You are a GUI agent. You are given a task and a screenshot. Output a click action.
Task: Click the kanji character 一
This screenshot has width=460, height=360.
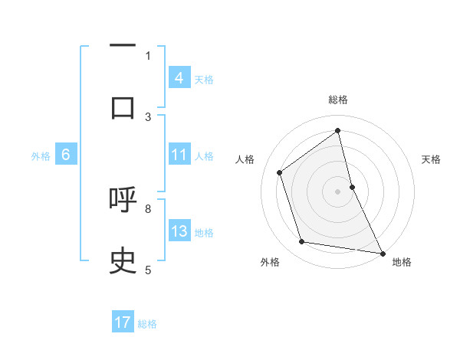pyautogui.click(x=123, y=47)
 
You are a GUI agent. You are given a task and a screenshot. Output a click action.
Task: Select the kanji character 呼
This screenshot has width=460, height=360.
pyautogui.click(x=123, y=200)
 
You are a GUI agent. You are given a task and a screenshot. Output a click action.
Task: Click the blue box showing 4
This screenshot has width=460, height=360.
pyautogui.click(x=179, y=78)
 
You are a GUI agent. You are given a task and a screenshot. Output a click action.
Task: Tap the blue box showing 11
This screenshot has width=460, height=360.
pyautogui.click(x=179, y=155)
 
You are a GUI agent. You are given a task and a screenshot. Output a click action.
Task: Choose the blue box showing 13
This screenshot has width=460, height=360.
pyautogui.click(x=179, y=231)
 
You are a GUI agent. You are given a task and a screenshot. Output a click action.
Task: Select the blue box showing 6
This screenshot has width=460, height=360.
pyautogui.click(x=66, y=155)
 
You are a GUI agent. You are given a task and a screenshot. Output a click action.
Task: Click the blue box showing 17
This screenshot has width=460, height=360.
pyautogui.click(x=123, y=322)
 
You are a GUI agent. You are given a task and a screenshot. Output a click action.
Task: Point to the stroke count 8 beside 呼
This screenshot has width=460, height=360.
pyautogui.click(x=148, y=208)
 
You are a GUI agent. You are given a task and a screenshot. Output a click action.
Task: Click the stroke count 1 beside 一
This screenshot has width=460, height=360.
pyautogui.click(x=148, y=55)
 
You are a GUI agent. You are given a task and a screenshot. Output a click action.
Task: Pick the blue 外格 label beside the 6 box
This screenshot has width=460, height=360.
pyautogui.click(x=41, y=155)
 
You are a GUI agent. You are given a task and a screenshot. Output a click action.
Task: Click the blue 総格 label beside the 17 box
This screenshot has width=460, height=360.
pyautogui.click(x=147, y=324)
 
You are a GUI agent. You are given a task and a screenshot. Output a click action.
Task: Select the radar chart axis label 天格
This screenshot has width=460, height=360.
pyautogui.click(x=431, y=159)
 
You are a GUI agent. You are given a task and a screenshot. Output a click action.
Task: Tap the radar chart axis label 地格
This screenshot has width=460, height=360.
pyautogui.click(x=402, y=262)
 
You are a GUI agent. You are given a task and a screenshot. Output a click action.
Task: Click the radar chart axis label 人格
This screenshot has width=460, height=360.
pyautogui.click(x=245, y=159)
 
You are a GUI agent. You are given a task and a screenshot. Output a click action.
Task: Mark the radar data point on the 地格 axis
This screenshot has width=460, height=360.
pyautogui.click(x=382, y=253)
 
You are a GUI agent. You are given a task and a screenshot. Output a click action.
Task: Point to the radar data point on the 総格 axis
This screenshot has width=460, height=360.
pyautogui.click(x=338, y=130)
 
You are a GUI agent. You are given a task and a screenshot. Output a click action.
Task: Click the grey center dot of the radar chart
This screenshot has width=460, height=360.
pyautogui.click(x=338, y=191)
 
